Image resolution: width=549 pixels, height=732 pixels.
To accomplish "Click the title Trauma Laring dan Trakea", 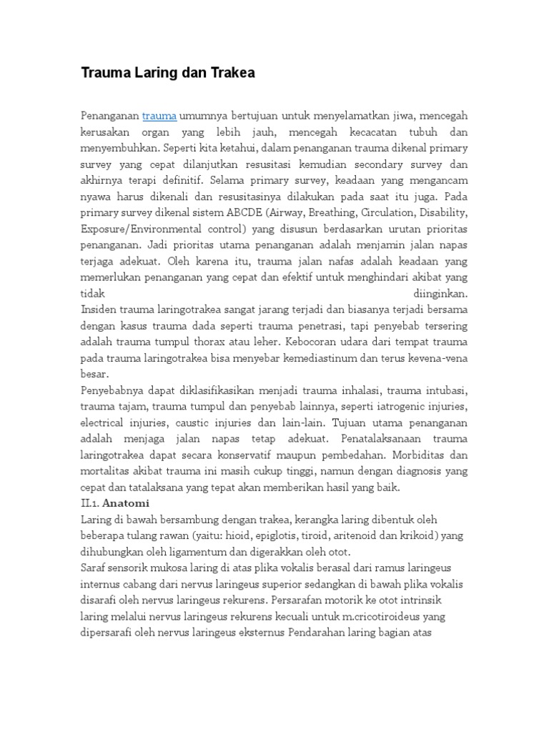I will coord(167,73).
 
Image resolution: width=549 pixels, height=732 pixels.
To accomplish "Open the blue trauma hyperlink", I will coord(159,115).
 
